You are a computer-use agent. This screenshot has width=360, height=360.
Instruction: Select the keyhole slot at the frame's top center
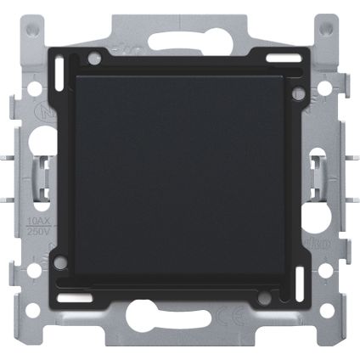179,44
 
